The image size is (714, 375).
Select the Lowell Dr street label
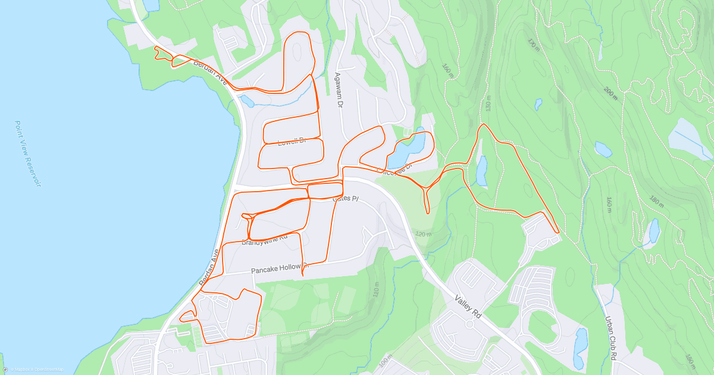pos(292,141)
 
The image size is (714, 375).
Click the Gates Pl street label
pos(346,199)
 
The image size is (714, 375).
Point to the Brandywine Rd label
pos(265,240)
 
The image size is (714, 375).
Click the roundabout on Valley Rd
pos(469,325)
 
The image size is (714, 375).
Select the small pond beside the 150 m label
pos(481,170)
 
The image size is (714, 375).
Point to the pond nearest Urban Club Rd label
pos(580,348)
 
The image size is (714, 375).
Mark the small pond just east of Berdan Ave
pos(246,101)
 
